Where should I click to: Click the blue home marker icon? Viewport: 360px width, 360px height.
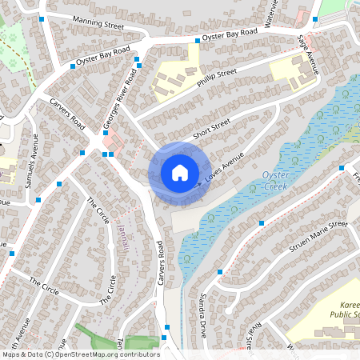coord(179,172)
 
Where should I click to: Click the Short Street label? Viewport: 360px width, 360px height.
coord(210,129)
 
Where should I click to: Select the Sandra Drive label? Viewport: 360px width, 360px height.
coord(202,314)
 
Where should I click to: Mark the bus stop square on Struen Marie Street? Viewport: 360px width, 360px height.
coord(262,223)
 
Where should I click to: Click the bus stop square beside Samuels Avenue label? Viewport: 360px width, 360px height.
coord(60,184)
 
